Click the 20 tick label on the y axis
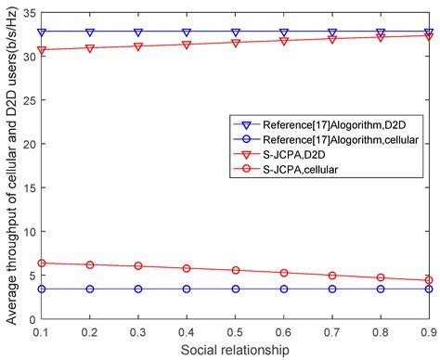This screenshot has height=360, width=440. pyautogui.click(x=28, y=144)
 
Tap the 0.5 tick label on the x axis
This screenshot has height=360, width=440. pyautogui.click(x=235, y=331)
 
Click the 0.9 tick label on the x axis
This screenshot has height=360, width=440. pyautogui.click(x=428, y=331)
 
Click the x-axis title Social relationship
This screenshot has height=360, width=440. pyautogui.click(x=235, y=349)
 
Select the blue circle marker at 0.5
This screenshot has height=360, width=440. pyautogui.click(x=235, y=289)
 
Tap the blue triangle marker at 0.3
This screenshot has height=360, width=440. pyautogui.click(x=138, y=32)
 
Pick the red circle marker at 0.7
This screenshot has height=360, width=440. pyautogui.click(x=331, y=276)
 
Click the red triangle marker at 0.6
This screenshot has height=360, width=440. pyautogui.click(x=283, y=41)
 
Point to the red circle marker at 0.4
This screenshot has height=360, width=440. pyautogui.click(x=187, y=268)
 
